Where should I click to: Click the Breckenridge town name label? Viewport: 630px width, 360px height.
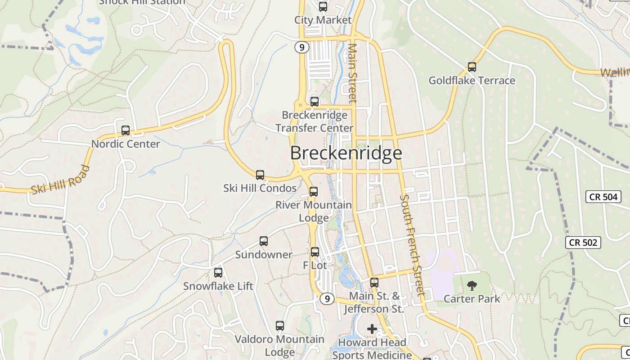346,153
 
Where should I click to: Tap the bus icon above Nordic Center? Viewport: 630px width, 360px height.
126,130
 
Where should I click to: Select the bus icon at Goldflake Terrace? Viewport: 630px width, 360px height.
472,67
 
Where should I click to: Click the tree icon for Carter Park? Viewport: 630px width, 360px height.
472,285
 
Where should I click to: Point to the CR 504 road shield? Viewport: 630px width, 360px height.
603,197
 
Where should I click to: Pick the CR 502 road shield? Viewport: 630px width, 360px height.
583,243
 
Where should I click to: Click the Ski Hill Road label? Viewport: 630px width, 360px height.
60,180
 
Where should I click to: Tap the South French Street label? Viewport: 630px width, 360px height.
412,245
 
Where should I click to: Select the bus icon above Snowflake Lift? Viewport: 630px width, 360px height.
218,273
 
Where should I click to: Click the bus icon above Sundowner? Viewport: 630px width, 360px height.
264,241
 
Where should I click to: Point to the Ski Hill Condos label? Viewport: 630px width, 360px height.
260,188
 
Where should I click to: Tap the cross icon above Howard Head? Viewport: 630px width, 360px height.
372,329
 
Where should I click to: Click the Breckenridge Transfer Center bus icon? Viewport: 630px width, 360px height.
315,102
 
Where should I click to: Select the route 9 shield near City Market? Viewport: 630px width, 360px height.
302,47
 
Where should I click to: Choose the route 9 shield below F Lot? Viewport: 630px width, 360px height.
327,298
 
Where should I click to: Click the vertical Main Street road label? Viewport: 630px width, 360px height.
352,73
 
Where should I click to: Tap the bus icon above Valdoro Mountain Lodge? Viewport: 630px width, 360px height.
280,326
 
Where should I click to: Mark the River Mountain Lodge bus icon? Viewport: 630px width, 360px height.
314,192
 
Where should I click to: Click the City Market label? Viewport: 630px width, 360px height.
323,20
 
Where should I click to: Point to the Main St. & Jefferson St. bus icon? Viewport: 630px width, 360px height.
374,283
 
